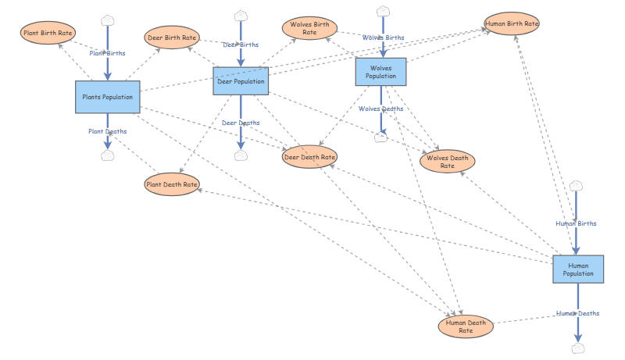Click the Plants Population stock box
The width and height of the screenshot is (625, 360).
(108, 97)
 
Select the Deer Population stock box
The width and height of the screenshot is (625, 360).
(241, 81)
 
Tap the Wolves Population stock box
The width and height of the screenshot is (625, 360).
(381, 72)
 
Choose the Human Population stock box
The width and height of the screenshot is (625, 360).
(578, 269)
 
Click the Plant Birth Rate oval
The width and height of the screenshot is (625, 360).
(48, 33)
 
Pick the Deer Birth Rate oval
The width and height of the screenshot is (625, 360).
(172, 37)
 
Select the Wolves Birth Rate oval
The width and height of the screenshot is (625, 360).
(309, 28)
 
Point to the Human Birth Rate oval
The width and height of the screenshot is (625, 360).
(512, 23)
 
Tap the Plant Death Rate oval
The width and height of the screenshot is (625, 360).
(172, 184)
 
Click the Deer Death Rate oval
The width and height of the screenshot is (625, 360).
(309, 157)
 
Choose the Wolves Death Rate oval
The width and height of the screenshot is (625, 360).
(447, 162)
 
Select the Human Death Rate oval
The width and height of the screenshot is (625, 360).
(466, 326)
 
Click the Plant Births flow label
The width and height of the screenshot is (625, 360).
(107, 53)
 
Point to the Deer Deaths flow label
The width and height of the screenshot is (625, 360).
(241, 123)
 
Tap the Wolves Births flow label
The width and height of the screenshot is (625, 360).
(383, 37)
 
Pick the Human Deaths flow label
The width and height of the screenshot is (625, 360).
(578, 313)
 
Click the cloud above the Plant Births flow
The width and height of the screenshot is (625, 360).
(108, 20)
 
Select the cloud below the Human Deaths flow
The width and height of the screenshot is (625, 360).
(578, 348)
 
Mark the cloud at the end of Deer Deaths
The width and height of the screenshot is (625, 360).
(241, 155)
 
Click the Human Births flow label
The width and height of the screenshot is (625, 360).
(576, 224)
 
